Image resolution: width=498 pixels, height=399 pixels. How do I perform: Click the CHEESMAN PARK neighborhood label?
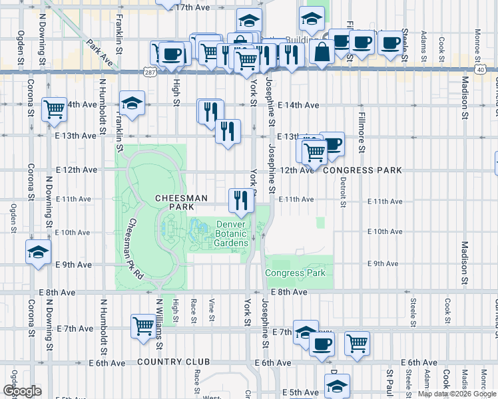point(181,203)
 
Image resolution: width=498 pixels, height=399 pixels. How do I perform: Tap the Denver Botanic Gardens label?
point(231,234)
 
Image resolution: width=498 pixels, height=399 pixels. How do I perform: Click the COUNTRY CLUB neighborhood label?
point(173,362)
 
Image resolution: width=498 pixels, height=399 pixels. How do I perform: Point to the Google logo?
point(22,391)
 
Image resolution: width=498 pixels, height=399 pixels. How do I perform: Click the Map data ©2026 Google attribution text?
point(457,394)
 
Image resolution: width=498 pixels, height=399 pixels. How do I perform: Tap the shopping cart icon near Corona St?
point(54,108)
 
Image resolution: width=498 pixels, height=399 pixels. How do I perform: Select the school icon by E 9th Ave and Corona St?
point(38,252)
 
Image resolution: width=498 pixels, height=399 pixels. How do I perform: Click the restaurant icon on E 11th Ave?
point(241,199)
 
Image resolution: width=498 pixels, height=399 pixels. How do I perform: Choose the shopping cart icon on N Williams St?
point(144,326)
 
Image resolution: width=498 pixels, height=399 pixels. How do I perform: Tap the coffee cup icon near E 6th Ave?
point(323,344)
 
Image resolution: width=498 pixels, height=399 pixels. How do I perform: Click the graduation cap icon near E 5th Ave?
point(337,386)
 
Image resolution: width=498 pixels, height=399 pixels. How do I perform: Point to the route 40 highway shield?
point(480,69)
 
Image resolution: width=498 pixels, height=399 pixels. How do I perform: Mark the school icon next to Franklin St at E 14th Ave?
point(132,103)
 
